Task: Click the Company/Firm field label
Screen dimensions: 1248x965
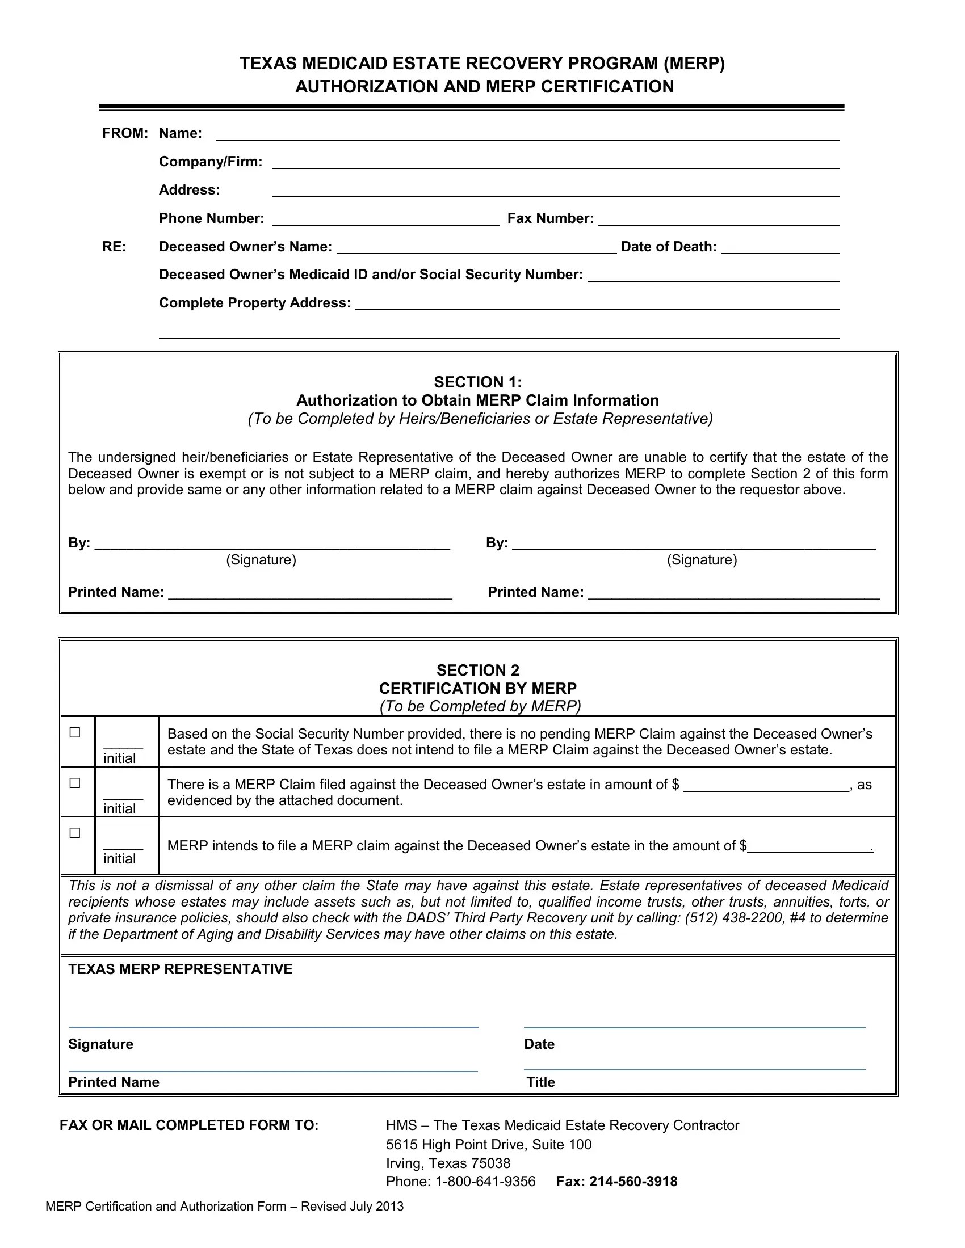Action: click(211, 162)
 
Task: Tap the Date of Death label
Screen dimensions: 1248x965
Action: click(668, 247)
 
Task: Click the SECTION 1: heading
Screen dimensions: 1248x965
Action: click(477, 382)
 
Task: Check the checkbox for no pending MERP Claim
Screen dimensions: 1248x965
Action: click(75, 732)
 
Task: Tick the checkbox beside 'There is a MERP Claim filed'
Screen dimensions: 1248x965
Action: click(75, 783)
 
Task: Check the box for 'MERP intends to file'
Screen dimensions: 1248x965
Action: click(75, 833)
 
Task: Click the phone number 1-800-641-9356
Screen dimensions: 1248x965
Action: click(485, 1182)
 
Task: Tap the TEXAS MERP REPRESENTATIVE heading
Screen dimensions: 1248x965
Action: click(180, 969)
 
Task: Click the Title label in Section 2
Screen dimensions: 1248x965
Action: click(540, 1082)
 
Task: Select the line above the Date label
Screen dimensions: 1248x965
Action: click(695, 1027)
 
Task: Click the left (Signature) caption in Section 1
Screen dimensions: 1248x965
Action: click(261, 560)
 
